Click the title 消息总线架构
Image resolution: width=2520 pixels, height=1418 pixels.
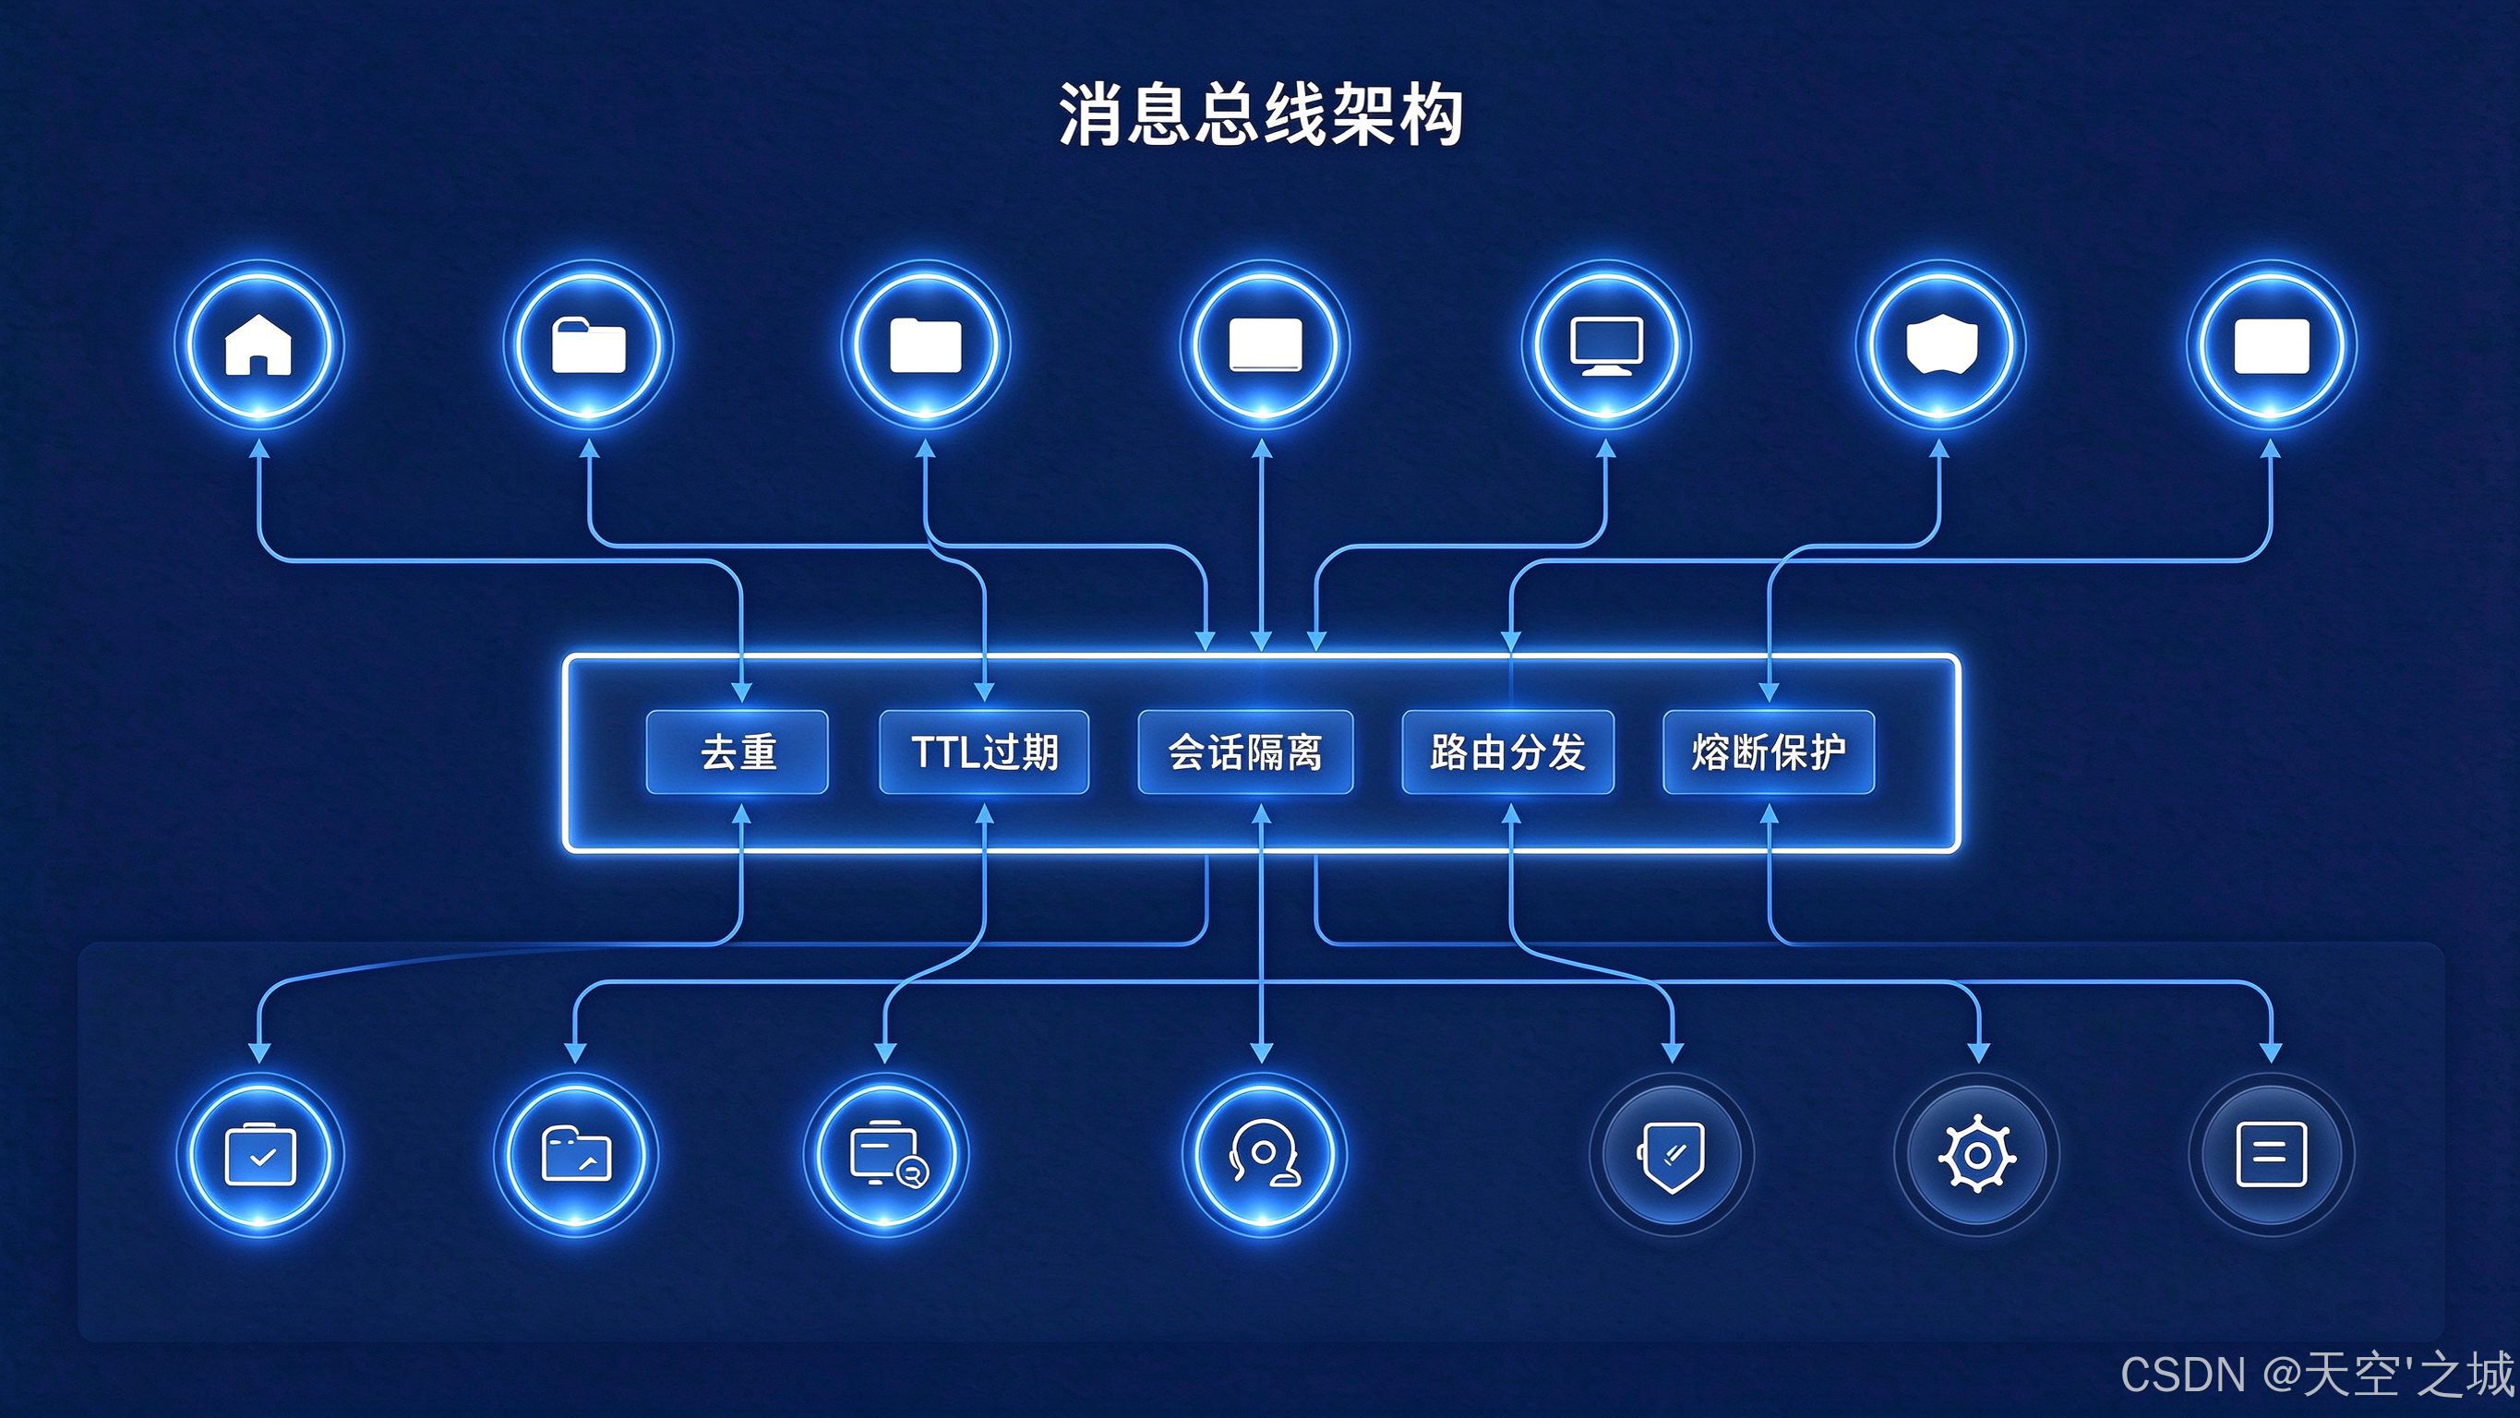(x=1261, y=115)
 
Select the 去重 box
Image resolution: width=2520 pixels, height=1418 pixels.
(x=738, y=752)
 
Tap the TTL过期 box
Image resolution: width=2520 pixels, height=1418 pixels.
(x=984, y=752)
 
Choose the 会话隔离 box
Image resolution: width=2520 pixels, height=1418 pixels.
(x=1245, y=752)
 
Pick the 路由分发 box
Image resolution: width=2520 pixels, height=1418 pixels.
(x=1507, y=752)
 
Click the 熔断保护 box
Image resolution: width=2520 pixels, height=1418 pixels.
(x=1769, y=752)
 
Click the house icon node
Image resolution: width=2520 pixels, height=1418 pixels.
(x=258, y=344)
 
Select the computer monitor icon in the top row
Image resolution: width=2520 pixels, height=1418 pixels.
(x=1605, y=344)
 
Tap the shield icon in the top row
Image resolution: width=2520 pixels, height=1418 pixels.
(x=1941, y=344)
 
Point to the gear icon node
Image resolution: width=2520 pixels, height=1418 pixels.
(x=1977, y=1155)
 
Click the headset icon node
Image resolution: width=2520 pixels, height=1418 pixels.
(x=1263, y=1155)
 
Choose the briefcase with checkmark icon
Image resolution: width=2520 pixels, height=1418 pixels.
(x=259, y=1155)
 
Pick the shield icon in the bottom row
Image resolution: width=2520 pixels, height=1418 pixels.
(x=1672, y=1155)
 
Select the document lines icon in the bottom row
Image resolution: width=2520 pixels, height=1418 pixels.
(x=2272, y=1155)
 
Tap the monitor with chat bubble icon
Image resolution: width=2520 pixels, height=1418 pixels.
(x=886, y=1155)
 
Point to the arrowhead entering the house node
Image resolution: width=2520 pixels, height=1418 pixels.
(x=258, y=448)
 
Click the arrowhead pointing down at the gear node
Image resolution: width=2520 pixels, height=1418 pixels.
(x=1978, y=1053)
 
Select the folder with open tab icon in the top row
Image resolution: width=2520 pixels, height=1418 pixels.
(x=588, y=344)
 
